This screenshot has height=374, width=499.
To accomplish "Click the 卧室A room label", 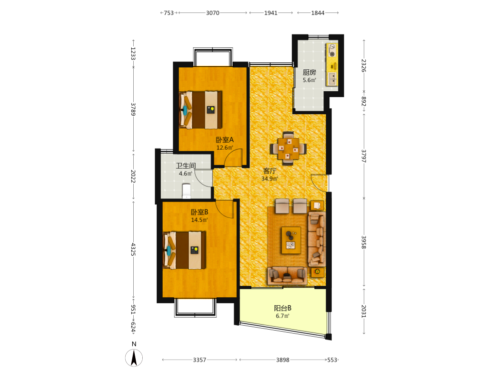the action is point(225,140).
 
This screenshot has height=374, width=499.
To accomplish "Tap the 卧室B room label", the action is point(200,212).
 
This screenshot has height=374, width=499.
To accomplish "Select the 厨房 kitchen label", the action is point(309,72).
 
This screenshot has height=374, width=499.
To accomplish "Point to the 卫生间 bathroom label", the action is point(186,166).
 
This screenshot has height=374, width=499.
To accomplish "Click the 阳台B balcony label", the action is point(282,308).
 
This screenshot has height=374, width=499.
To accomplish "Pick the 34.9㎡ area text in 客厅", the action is point(270,179).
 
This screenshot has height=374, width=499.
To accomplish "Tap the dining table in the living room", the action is point(288,149).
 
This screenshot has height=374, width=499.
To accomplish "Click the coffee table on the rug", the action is point(291,240).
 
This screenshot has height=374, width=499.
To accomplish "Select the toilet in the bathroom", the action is point(186,191).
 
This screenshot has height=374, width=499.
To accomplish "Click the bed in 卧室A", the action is point(201,110).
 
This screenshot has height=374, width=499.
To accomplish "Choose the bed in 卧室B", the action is point(184,250).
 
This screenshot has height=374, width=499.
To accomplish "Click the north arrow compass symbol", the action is point(134,358).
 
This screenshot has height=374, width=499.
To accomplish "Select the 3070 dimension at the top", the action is point(213,13).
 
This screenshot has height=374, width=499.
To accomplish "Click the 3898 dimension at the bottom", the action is point(282,360).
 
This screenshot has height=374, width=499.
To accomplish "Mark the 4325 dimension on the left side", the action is point(133,249).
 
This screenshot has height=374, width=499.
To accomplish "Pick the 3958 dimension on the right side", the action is point(364,242).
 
